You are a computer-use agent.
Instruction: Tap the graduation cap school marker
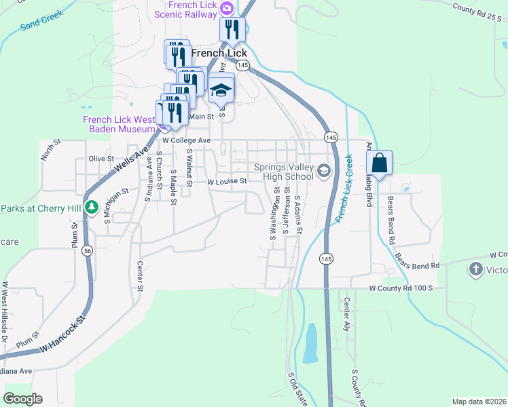point(221,90)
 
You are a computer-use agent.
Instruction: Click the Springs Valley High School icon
point(323,171)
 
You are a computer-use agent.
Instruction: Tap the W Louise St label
point(226,182)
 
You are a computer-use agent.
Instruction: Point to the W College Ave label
point(186,140)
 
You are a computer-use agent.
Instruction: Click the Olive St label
point(101,158)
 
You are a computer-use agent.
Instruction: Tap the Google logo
point(23,399)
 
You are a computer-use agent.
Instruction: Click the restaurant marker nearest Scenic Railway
point(232,29)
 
